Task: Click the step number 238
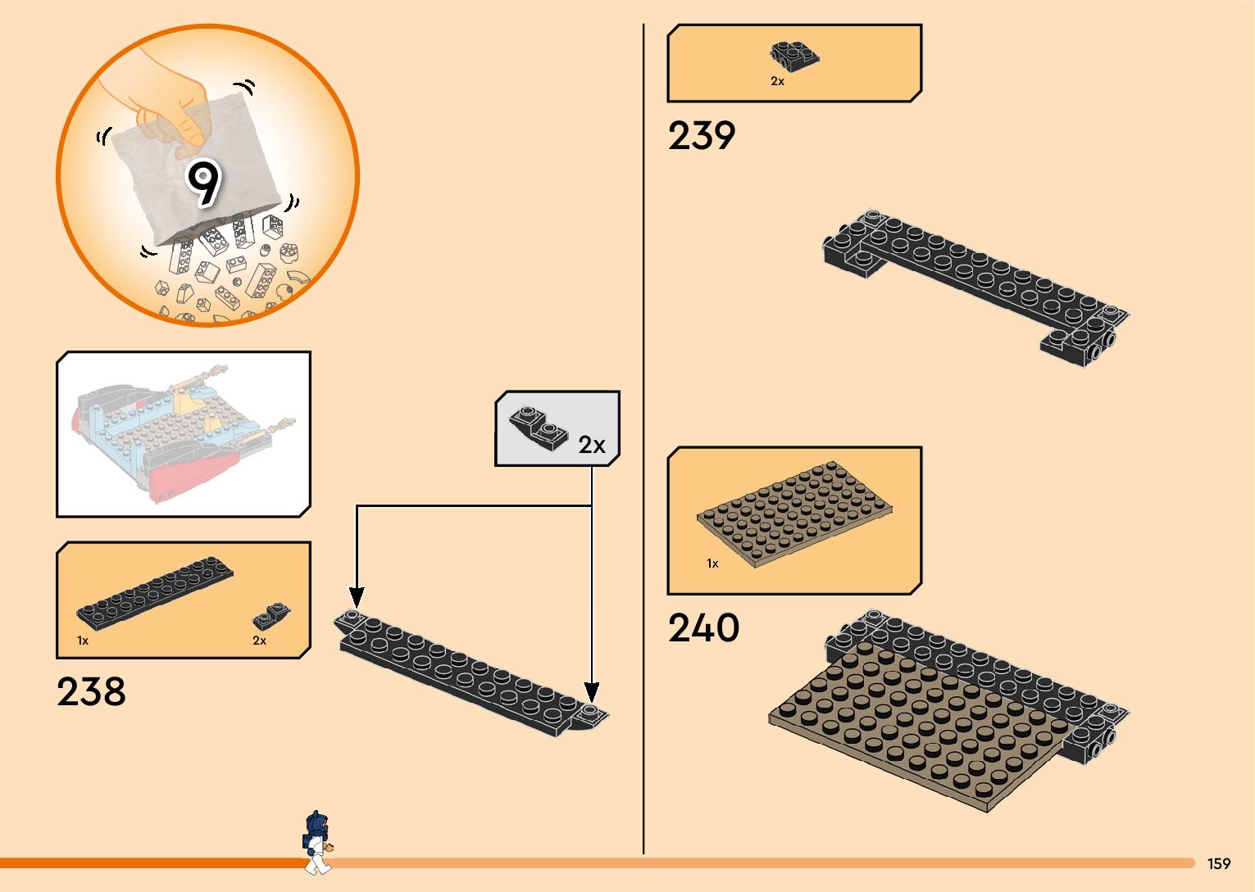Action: (91, 692)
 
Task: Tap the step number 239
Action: (702, 136)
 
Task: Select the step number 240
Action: (703, 628)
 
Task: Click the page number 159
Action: (1218, 863)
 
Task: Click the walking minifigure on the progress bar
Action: (316, 842)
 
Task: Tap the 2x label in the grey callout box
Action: (591, 445)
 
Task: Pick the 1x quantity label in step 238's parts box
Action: (83, 641)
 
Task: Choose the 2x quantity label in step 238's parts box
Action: (259, 641)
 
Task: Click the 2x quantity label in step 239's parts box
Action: (777, 81)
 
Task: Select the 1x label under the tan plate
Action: (712, 564)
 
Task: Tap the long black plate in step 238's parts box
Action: (155, 591)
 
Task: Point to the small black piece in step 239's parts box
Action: (794, 56)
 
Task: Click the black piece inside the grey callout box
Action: (538, 426)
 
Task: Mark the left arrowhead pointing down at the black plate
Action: (357, 597)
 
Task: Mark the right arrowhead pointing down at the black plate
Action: (591, 692)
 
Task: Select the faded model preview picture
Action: (183, 434)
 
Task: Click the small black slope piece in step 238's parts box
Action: (272, 617)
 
